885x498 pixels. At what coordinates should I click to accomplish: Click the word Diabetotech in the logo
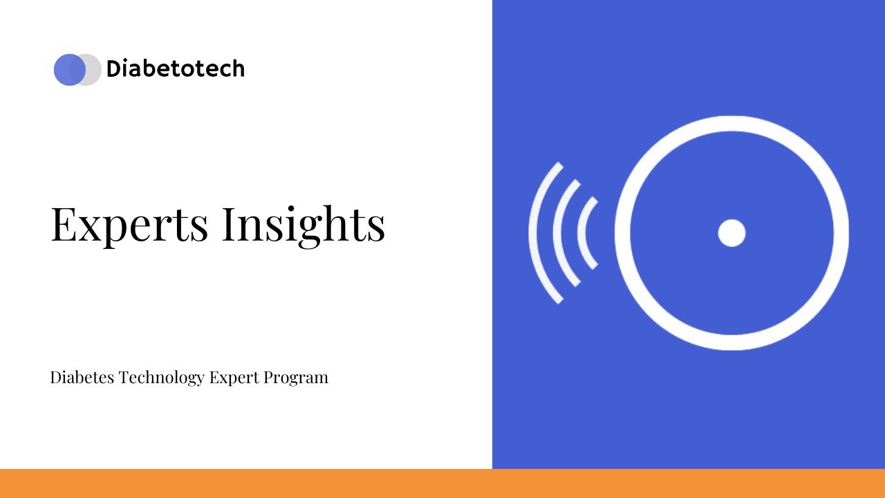pyautogui.click(x=175, y=69)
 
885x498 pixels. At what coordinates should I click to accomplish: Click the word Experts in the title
pyautogui.click(x=129, y=224)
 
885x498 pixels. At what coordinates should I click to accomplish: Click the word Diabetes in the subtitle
pyautogui.click(x=82, y=378)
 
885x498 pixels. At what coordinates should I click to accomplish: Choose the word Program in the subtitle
pyautogui.click(x=296, y=378)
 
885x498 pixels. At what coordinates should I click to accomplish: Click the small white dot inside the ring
pyautogui.click(x=732, y=233)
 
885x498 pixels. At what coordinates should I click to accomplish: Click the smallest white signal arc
pyautogui.click(x=582, y=233)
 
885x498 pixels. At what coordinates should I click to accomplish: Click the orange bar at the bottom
pyautogui.click(x=442, y=483)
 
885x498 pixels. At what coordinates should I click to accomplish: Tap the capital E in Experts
pyautogui.click(x=64, y=224)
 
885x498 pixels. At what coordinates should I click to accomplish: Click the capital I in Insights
pyautogui.click(x=230, y=224)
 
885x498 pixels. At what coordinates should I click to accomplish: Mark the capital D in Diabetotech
pyautogui.click(x=113, y=69)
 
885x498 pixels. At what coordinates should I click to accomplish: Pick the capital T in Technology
pyautogui.click(x=123, y=378)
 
